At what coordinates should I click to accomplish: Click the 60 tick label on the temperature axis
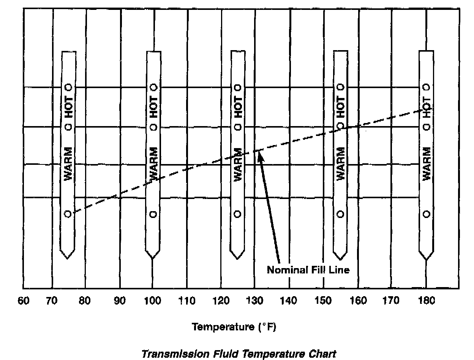click(24, 301)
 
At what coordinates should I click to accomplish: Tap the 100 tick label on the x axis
click(152, 301)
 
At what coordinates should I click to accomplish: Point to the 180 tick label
click(426, 301)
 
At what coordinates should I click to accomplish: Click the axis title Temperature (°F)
click(234, 327)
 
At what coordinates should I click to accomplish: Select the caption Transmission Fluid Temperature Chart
click(239, 354)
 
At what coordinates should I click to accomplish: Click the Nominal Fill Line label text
click(308, 270)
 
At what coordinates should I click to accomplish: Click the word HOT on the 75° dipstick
click(68, 107)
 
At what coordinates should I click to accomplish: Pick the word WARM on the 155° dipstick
click(340, 164)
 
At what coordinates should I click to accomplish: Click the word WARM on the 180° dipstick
click(427, 164)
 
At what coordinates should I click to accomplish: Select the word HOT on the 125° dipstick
click(238, 107)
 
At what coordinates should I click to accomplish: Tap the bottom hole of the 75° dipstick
click(68, 214)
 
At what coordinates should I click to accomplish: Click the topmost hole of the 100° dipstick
click(153, 87)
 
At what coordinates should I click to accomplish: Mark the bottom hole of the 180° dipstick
click(427, 214)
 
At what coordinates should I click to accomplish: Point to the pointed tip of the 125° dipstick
click(237, 259)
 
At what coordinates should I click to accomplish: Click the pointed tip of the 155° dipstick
click(340, 259)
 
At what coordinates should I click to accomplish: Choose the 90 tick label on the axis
click(120, 301)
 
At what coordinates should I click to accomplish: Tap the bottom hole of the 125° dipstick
click(238, 214)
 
